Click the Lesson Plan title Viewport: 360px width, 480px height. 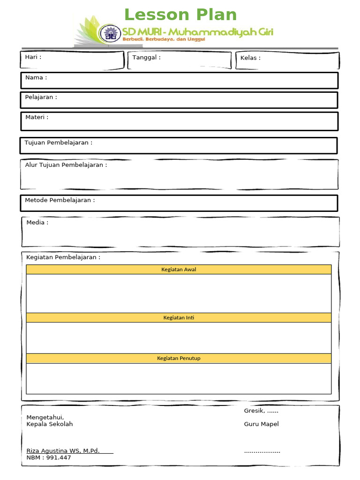pyautogui.click(x=180, y=15)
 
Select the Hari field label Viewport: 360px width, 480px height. pyautogui.click(x=33, y=57)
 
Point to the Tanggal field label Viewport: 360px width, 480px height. pyautogui.click(x=146, y=58)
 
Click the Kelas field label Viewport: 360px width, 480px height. pyautogui.click(x=250, y=58)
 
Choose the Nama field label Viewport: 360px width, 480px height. pyautogui.click(x=36, y=77)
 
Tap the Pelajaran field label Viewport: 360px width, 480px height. pyautogui.click(x=41, y=97)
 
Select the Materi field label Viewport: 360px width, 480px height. pyautogui.click(x=37, y=117)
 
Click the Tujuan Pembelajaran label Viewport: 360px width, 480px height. pyautogui.click(x=59, y=142)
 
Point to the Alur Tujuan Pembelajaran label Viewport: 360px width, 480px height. pyautogui.click(x=66, y=165)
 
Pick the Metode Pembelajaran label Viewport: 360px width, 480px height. pyautogui.click(x=60, y=200)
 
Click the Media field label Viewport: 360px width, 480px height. pyautogui.click(x=37, y=222)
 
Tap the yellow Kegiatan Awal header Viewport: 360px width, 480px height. pyautogui.click(x=179, y=270)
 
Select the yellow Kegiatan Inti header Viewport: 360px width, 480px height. pyautogui.click(x=179, y=318)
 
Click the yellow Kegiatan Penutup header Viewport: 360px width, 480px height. pyautogui.click(x=179, y=358)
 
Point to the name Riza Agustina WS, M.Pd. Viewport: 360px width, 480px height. pyautogui.click(x=63, y=450)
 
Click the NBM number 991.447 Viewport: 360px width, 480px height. pyautogui.click(x=49, y=457)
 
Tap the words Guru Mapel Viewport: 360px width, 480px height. pyautogui.click(x=261, y=424)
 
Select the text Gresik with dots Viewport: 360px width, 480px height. pyautogui.click(x=261, y=411)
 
